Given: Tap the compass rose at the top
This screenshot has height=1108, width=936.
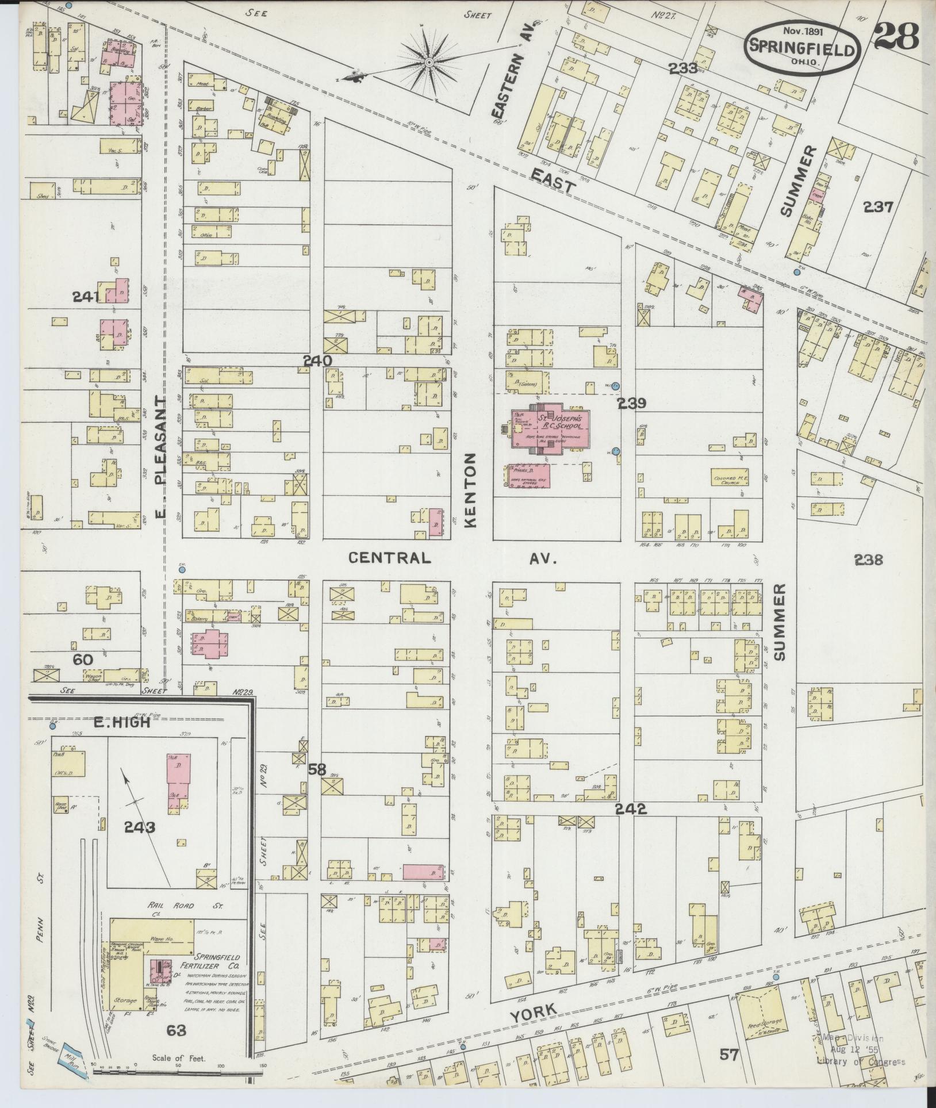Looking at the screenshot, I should pyautogui.click(x=430, y=61).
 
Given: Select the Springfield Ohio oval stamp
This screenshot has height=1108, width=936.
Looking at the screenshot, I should pyautogui.click(x=803, y=48).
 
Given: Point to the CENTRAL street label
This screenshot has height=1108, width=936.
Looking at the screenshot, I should pyautogui.click(x=390, y=558).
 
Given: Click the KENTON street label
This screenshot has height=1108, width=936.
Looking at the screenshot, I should pyautogui.click(x=472, y=490).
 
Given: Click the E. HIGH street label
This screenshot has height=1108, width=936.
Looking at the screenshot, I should pyautogui.click(x=122, y=722).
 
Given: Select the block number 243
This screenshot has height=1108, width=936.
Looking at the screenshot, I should pyautogui.click(x=140, y=827).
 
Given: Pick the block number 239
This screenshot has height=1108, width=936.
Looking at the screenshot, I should pyautogui.click(x=632, y=404).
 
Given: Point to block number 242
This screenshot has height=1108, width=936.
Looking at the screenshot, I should pyautogui.click(x=631, y=809).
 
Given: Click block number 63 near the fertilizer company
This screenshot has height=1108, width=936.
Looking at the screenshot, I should pyautogui.click(x=177, y=1031).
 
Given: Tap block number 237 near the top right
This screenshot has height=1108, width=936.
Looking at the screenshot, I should pyautogui.click(x=879, y=206).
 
